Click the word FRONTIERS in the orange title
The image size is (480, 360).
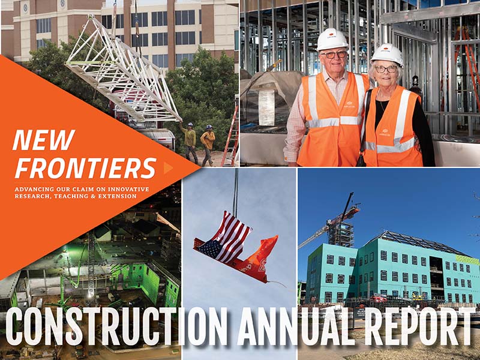pyautogui.click(x=85, y=169)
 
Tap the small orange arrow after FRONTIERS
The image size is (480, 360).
pyautogui.click(x=168, y=169)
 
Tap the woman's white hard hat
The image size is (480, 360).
pyautogui.click(x=386, y=54)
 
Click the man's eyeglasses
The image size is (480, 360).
pyautogui.click(x=333, y=55)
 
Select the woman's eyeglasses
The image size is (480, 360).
pyautogui.click(x=386, y=69)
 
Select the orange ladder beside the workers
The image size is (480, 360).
pyautogui.click(x=230, y=139)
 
